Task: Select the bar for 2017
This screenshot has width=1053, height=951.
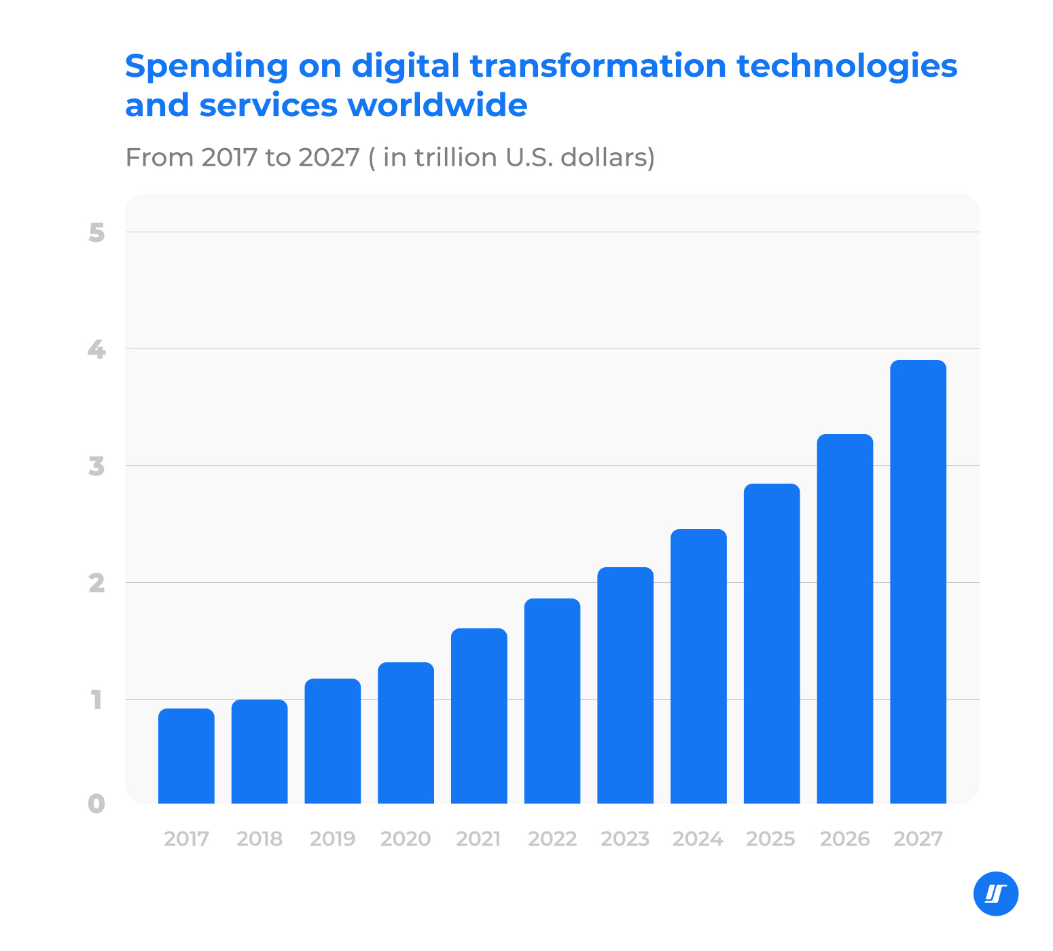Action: coord(186,756)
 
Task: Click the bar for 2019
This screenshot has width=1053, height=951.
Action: coord(333,741)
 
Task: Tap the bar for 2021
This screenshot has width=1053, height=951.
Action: coord(479,716)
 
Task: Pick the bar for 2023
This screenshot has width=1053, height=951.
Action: coord(626,685)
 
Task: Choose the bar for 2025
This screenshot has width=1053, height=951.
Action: coord(772,643)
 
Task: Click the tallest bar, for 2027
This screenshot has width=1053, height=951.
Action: coord(918,581)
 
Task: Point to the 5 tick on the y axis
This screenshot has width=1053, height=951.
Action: coord(97,233)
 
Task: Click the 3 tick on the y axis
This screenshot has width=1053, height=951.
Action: coord(97,467)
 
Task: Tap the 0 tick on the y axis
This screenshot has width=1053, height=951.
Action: coord(97,804)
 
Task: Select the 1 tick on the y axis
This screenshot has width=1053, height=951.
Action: coord(97,700)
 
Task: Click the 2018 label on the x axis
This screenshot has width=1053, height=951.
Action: coord(260,839)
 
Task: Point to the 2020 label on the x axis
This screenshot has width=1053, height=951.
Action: coord(406,839)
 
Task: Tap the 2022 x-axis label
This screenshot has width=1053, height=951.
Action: coord(552,839)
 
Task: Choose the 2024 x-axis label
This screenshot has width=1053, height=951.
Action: coord(698,839)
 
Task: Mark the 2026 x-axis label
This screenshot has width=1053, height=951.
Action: coord(844,839)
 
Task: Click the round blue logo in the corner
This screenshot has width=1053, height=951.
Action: coord(996,893)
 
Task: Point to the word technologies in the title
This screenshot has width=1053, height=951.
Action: coord(846,67)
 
